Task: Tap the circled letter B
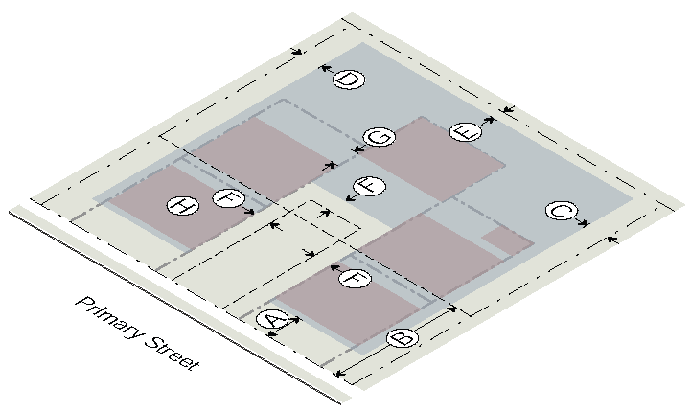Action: pos(403,338)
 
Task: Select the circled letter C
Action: pos(561,211)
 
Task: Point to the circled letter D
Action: pos(348,80)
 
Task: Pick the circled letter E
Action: pos(465,131)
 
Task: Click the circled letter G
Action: pos(380,137)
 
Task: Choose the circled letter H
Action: pos(180,205)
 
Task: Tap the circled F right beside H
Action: pos(227,198)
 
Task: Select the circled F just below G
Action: pos(369,186)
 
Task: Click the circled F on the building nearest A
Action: pos(355,279)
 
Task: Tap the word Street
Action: pos(170,352)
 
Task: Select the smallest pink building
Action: pos(506,240)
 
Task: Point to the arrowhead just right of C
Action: pos(585,223)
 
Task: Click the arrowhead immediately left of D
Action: pos(324,68)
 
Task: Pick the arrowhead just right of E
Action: pos(490,120)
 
